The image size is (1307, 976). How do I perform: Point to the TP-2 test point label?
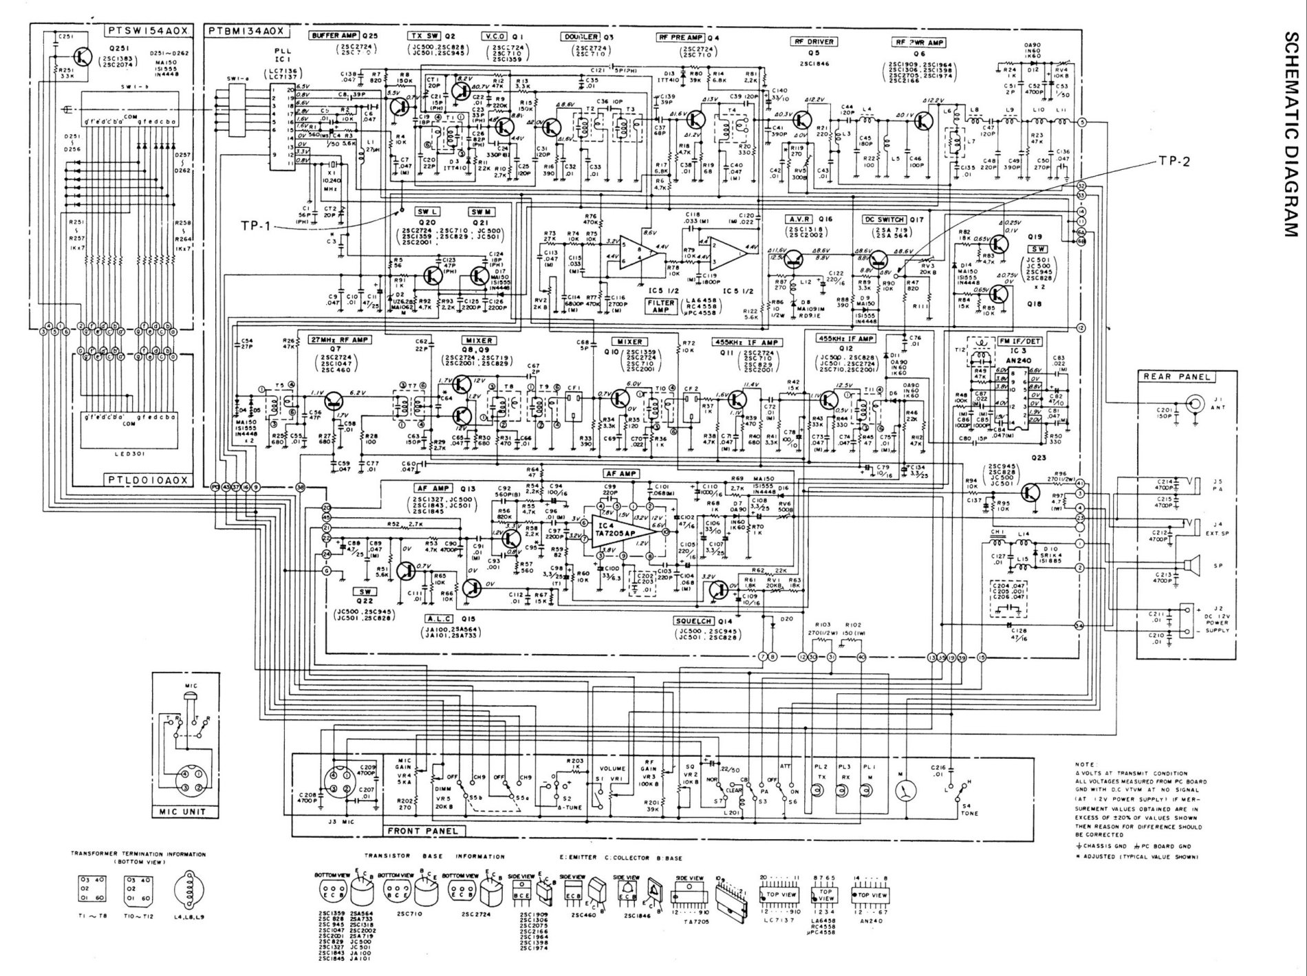[1173, 162]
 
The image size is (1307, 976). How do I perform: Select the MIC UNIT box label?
[184, 812]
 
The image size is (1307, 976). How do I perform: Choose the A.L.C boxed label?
[438, 618]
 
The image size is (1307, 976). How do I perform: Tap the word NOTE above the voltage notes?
[1085, 764]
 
